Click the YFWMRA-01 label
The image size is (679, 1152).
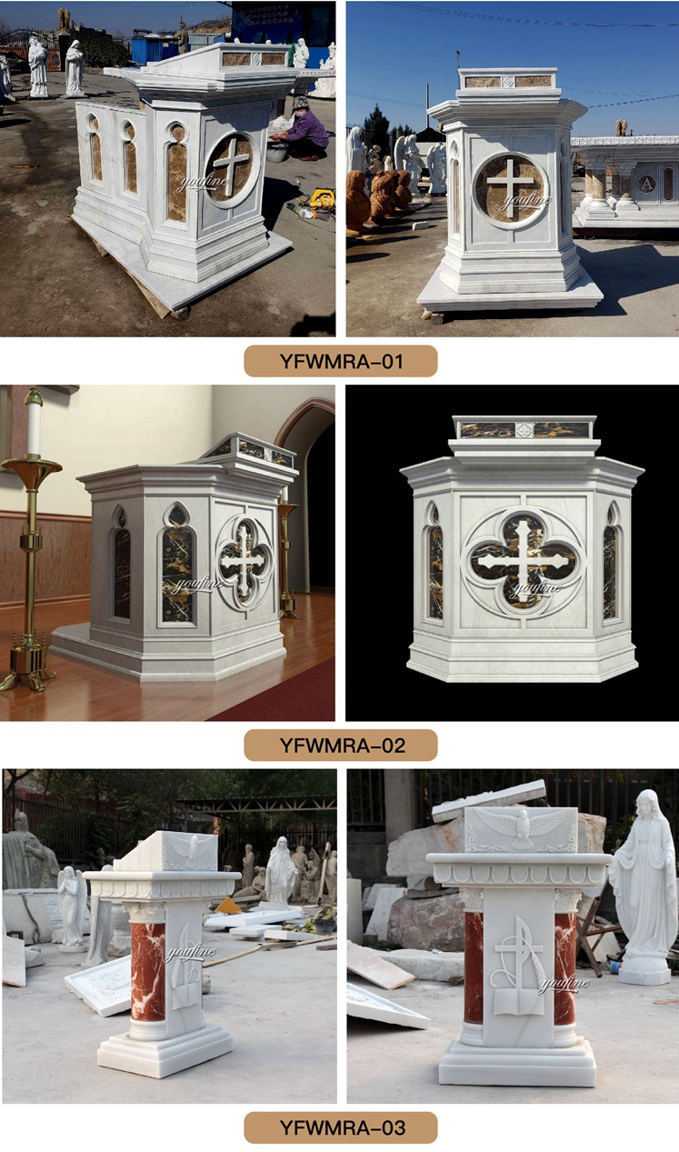pyautogui.click(x=340, y=361)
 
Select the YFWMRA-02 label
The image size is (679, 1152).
pyautogui.click(x=340, y=746)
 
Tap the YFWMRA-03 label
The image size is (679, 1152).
pyautogui.click(x=340, y=1127)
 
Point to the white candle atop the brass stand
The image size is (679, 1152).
pyautogui.click(x=34, y=424)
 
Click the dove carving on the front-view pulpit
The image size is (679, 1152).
pyautogui.click(x=521, y=826)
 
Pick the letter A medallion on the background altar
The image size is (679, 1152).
pyautogui.click(x=646, y=182)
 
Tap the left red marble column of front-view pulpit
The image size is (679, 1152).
pyautogui.click(x=474, y=967)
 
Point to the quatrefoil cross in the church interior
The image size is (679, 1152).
pyautogui.click(x=244, y=561)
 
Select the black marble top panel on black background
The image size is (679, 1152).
pyautogui.click(x=522, y=429)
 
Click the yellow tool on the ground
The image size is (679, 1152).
pyautogui.click(x=321, y=197)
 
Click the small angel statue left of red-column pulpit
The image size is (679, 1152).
pyautogui.click(x=70, y=905)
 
